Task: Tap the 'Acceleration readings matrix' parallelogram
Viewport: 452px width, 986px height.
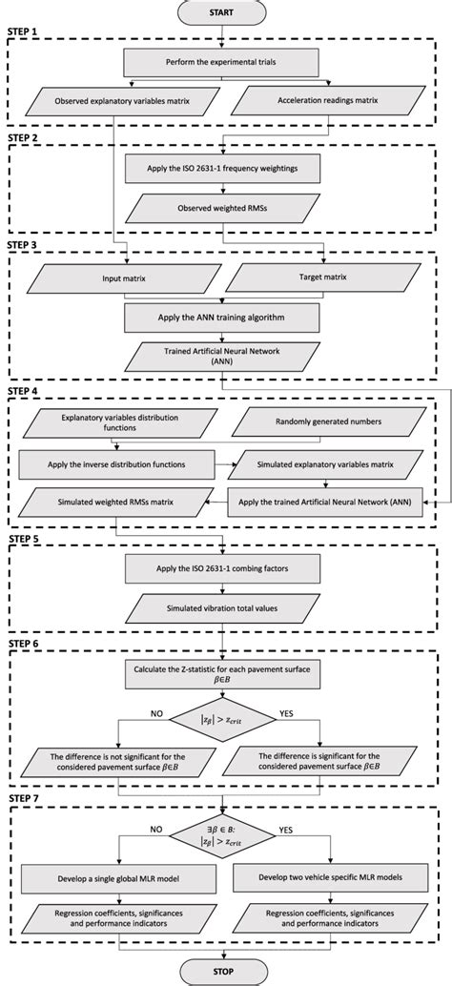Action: tap(331, 100)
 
